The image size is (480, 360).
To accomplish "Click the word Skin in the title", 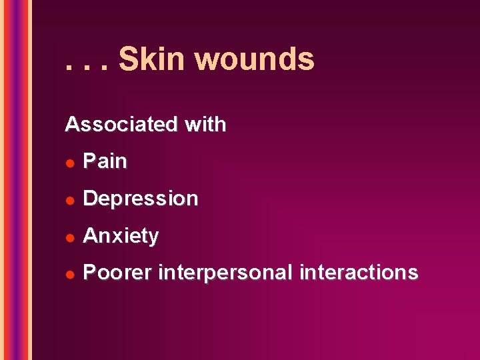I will pos(151,59).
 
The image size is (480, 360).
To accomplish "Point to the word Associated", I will pos(121,125).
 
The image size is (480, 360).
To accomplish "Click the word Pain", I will pos(105,161).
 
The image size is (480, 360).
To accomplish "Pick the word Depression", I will pos(140,199).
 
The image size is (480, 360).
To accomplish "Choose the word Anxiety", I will pos(121,236).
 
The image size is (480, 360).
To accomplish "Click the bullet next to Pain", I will pos(69,163).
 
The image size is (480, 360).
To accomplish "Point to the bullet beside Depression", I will pos(69,200).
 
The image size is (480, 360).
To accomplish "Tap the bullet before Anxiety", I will pos(69,237).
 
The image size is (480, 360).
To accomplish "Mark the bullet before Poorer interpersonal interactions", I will pos(69,274).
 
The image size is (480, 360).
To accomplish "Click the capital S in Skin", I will pos(129,59).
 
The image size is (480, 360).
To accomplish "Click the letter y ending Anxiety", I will pos(153,238).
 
